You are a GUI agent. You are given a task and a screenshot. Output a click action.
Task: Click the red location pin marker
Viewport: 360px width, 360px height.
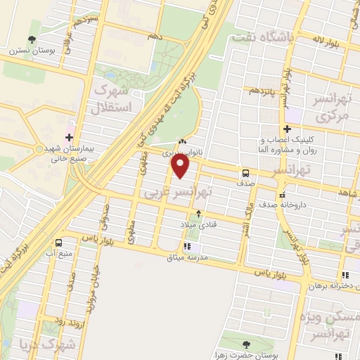(x=181, y=167)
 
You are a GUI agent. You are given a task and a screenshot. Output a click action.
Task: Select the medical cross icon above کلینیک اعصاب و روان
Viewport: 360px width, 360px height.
(x=287, y=129)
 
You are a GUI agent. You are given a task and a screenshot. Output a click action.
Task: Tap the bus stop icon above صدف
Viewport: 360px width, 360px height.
(x=245, y=173)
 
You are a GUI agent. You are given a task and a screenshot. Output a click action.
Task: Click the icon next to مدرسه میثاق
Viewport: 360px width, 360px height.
(x=188, y=246)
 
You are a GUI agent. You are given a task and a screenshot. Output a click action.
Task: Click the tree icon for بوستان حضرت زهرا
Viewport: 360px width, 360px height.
(x=246, y=344)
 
